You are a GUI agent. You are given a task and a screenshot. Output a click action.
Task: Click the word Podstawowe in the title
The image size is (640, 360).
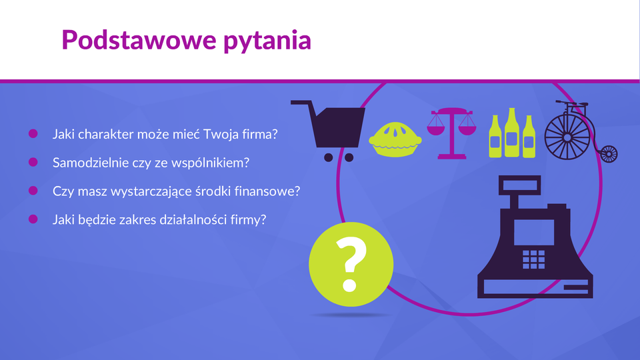[x=139, y=40]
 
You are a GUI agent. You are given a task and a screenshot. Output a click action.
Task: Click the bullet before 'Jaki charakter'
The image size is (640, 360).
[x=33, y=133]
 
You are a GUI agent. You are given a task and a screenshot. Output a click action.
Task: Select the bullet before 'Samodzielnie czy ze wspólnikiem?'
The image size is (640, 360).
[x=33, y=162]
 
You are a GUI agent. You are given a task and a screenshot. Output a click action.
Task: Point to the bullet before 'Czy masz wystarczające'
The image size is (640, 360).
[x=33, y=191]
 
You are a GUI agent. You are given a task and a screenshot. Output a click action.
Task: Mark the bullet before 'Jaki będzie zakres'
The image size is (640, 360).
[x=33, y=219]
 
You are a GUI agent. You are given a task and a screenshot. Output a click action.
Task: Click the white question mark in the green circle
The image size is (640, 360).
[x=351, y=265]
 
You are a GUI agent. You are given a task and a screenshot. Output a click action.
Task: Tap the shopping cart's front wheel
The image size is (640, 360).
[x=349, y=157]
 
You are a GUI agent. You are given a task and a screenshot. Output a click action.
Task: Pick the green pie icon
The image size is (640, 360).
[x=395, y=139]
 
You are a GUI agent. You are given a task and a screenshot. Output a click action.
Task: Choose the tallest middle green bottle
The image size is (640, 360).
[x=512, y=132]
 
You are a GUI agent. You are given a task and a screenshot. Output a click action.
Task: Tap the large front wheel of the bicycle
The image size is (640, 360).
[x=567, y=137]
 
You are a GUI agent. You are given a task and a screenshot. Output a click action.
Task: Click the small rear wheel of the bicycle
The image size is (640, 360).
[x=609, y=154]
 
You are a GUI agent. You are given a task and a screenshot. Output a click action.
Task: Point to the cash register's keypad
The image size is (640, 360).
[x=533, y=259]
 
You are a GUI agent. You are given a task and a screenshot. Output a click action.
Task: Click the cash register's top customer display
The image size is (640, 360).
[x=519, y=185]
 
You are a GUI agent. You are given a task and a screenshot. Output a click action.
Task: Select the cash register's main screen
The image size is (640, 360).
[x=534, y=232]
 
